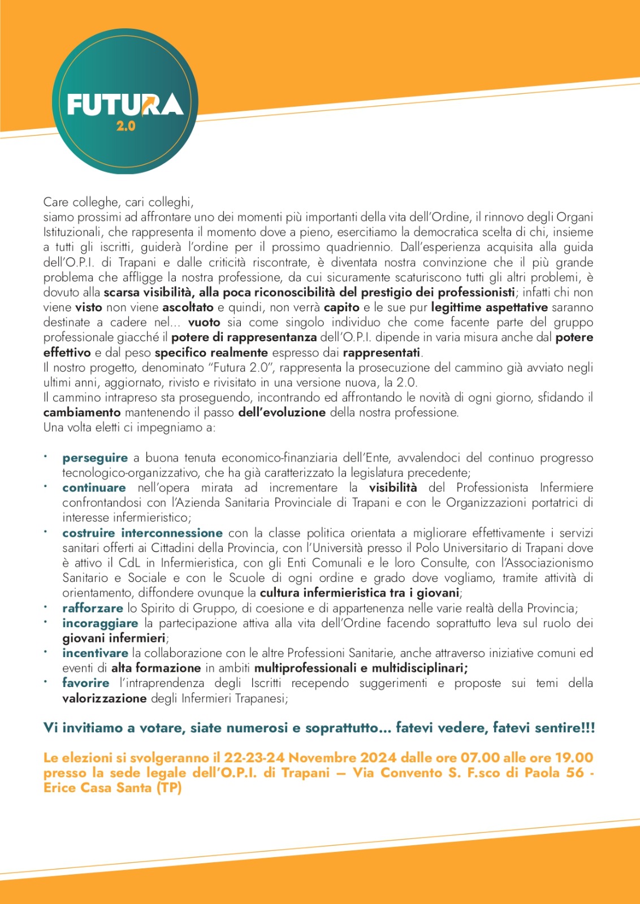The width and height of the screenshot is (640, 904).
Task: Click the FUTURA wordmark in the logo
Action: pos(125,105)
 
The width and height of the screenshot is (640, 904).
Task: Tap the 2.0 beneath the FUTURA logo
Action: pos(126,126)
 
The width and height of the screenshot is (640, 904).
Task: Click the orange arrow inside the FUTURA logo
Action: pos(151,103)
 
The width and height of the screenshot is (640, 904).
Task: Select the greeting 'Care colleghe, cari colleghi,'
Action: pos(118,202)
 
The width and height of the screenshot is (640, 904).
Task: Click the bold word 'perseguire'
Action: pos(95,458)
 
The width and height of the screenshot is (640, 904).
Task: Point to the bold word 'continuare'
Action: pos(94,488)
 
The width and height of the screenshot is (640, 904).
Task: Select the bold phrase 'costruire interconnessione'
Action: pos(142,533)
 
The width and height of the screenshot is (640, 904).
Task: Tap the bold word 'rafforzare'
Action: pos(93,608)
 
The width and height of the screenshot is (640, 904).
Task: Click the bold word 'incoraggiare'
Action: pos(100,623)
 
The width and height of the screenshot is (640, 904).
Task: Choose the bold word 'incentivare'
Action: pos(95,653)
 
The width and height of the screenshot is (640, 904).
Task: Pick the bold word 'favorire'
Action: pos(86,683)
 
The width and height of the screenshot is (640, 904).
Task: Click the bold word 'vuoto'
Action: pos(204,322)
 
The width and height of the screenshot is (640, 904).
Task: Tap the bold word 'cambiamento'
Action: pos(82,412)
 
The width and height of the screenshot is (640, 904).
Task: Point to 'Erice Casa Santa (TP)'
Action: pos(113,788)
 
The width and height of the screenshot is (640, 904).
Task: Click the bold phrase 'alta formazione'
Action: pos(156,668)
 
